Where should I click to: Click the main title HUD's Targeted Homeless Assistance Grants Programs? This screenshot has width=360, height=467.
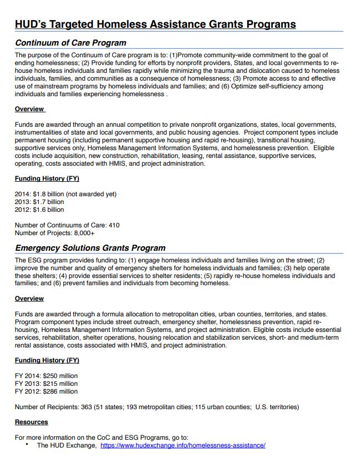point(155,24)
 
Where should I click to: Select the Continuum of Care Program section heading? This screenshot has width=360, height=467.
point(71,43)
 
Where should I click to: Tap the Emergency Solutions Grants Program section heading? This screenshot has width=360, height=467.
point(90,248)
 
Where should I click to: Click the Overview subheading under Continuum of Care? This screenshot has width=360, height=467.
point(29,109)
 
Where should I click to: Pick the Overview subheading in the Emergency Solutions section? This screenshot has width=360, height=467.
point(29,299)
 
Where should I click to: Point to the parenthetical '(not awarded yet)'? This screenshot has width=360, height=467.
point(91,194)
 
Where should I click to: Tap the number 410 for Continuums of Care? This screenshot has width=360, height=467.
point(113,225)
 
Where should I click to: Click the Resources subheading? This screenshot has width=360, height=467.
point(31,422)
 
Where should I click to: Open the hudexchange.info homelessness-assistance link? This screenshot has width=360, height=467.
point(183,445)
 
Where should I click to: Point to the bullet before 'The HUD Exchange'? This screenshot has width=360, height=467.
point(27,445)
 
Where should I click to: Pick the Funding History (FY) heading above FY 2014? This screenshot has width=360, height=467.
point(47,360)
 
